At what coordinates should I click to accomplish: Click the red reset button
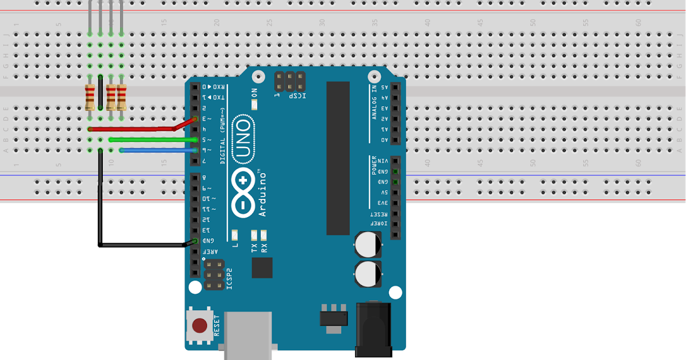(200, 326)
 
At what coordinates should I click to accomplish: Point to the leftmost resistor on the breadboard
(90, 97)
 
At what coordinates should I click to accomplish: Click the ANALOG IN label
(374, 102)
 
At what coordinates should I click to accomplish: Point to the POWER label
(374, 165)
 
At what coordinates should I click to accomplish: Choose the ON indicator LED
(254, 105)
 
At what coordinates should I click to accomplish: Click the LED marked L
(236, 234)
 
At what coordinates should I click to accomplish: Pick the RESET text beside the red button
(217, 325)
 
